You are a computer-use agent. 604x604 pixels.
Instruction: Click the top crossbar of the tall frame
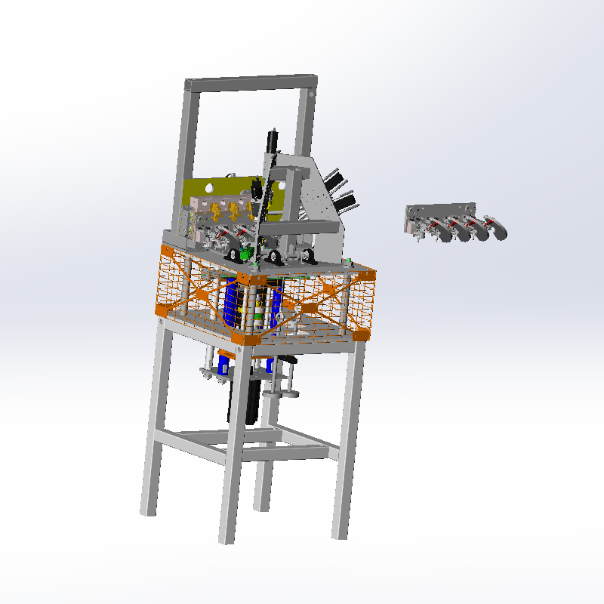(x=249, y=82)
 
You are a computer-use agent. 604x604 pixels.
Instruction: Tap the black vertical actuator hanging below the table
(x=252, y=400)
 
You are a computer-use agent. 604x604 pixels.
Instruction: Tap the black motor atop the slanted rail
(x=273, y=140)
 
